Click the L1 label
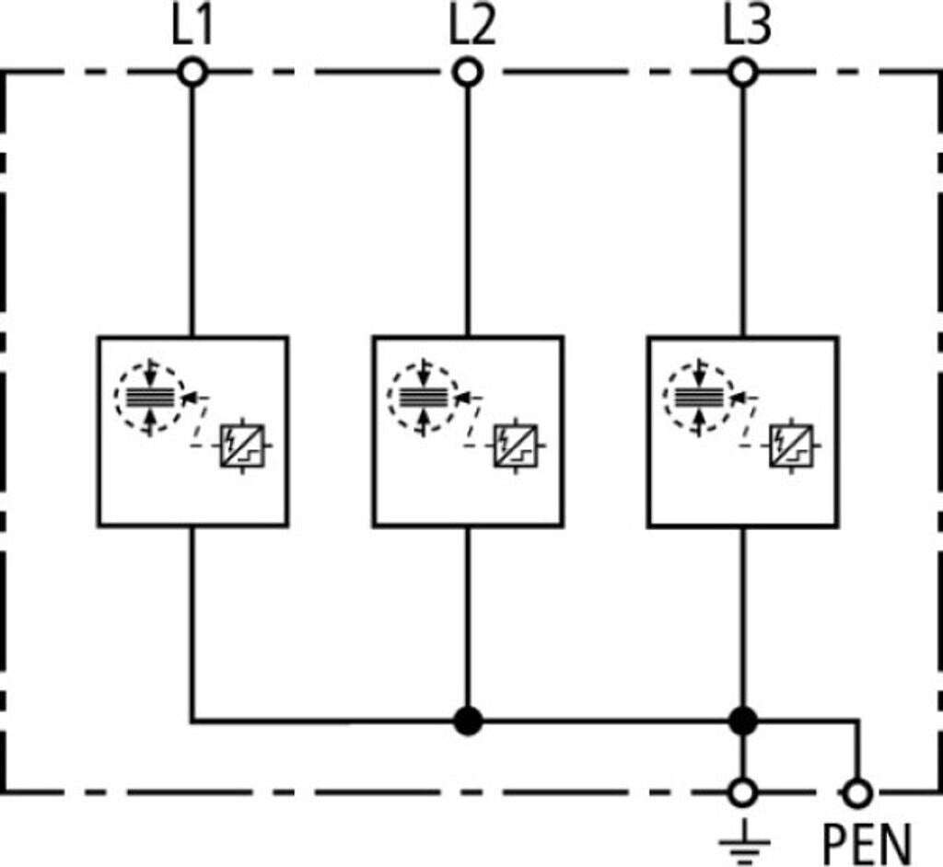(192, 27)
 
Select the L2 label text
(472, 27)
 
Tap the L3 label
(747, 27)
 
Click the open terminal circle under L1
(192, 73)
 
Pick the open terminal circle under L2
(468, 73)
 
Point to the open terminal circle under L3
(743, 73)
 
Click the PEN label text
(867, 845)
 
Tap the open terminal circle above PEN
(857, 793)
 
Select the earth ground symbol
(744, 842)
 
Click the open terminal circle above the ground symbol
(743, 793)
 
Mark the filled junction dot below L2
(468, 721)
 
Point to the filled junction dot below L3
(743, 721)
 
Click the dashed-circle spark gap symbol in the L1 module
(150, 398)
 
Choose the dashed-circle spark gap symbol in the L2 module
(424, 397)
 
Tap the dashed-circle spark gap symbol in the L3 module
(699, 397)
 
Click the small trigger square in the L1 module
(242, 446)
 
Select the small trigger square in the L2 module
(516, 446)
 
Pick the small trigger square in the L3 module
(791, 446)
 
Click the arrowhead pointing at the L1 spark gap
(189, 398)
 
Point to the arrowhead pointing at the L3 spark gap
(738, 398)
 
